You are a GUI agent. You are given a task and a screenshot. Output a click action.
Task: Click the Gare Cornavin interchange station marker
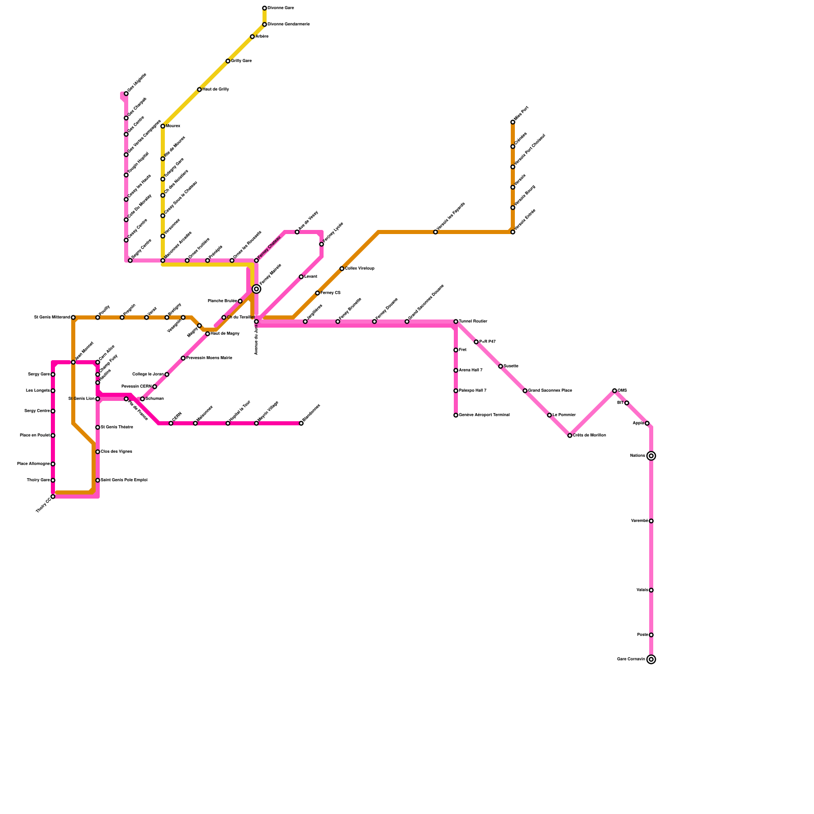coord(651,659)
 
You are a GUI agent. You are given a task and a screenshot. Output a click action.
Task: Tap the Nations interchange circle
coord(651,456)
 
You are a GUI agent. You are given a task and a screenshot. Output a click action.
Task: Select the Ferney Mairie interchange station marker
coord(256,289)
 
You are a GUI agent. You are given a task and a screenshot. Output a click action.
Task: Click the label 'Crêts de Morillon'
coord(589,435)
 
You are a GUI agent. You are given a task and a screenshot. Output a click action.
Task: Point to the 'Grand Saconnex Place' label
coord(550,391)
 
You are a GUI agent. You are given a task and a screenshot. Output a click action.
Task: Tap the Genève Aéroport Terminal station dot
coord(456,415)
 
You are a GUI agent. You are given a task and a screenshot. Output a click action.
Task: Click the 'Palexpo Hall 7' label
coord(473,391)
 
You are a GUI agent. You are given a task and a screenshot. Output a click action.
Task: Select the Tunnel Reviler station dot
coord(456,322)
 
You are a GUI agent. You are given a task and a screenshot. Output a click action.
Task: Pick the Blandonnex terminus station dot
coord(301,423)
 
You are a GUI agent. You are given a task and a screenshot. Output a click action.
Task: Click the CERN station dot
coord(171,423)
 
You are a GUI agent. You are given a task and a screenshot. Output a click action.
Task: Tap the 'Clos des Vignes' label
coord(117,452)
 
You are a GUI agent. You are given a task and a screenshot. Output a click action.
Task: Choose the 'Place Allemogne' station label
coord(34,464)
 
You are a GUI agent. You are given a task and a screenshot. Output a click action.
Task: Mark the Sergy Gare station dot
coord(53,374)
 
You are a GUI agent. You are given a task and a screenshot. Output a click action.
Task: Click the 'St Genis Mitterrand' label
coord(52,317)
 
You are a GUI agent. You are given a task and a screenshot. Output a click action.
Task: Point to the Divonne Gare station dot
coord(265,8)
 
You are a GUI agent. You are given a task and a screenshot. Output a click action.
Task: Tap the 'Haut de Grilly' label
coord(216,90)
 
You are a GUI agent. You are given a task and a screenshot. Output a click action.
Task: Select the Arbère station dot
coord(252,37)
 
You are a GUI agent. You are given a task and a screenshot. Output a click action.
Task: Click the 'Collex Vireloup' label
coord(360,269)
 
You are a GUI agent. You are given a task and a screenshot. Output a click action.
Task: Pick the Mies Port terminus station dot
coord(513,122)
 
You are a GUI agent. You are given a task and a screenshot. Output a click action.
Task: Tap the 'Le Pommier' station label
coord(564,415)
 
